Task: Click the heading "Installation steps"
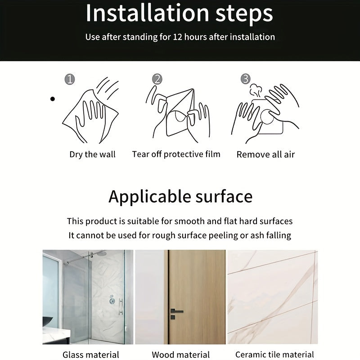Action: tap(179, 13)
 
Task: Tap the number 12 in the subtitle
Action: tap(179, 37)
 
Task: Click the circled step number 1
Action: tap(69, 80)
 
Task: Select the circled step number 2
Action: tap(157, 79)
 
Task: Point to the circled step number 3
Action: tap(245, 79)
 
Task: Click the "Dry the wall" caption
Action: tap(92, 154)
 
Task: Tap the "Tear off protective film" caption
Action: tap(176, 154)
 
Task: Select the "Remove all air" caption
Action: tap(265, 155)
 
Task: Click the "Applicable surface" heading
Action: tap(180, 197)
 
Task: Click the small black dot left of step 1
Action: tap(53, 99)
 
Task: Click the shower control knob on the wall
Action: tap(112, 301)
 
